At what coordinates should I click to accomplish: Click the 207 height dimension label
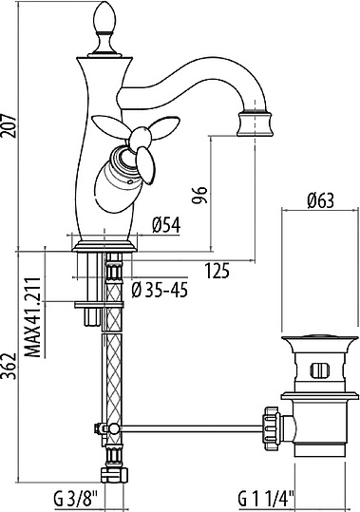(8, 125)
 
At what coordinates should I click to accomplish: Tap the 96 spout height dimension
(199, 195)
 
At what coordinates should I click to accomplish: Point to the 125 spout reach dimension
(217, 271)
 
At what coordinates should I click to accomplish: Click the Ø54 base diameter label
(166, 225)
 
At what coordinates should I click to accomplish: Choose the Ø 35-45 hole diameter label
(160, 290)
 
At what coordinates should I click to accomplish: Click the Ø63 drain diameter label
(320, 200)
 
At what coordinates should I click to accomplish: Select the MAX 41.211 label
(33, 317)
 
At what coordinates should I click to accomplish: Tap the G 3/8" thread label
(75, 499)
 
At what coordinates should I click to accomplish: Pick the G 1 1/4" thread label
(266, 499)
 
